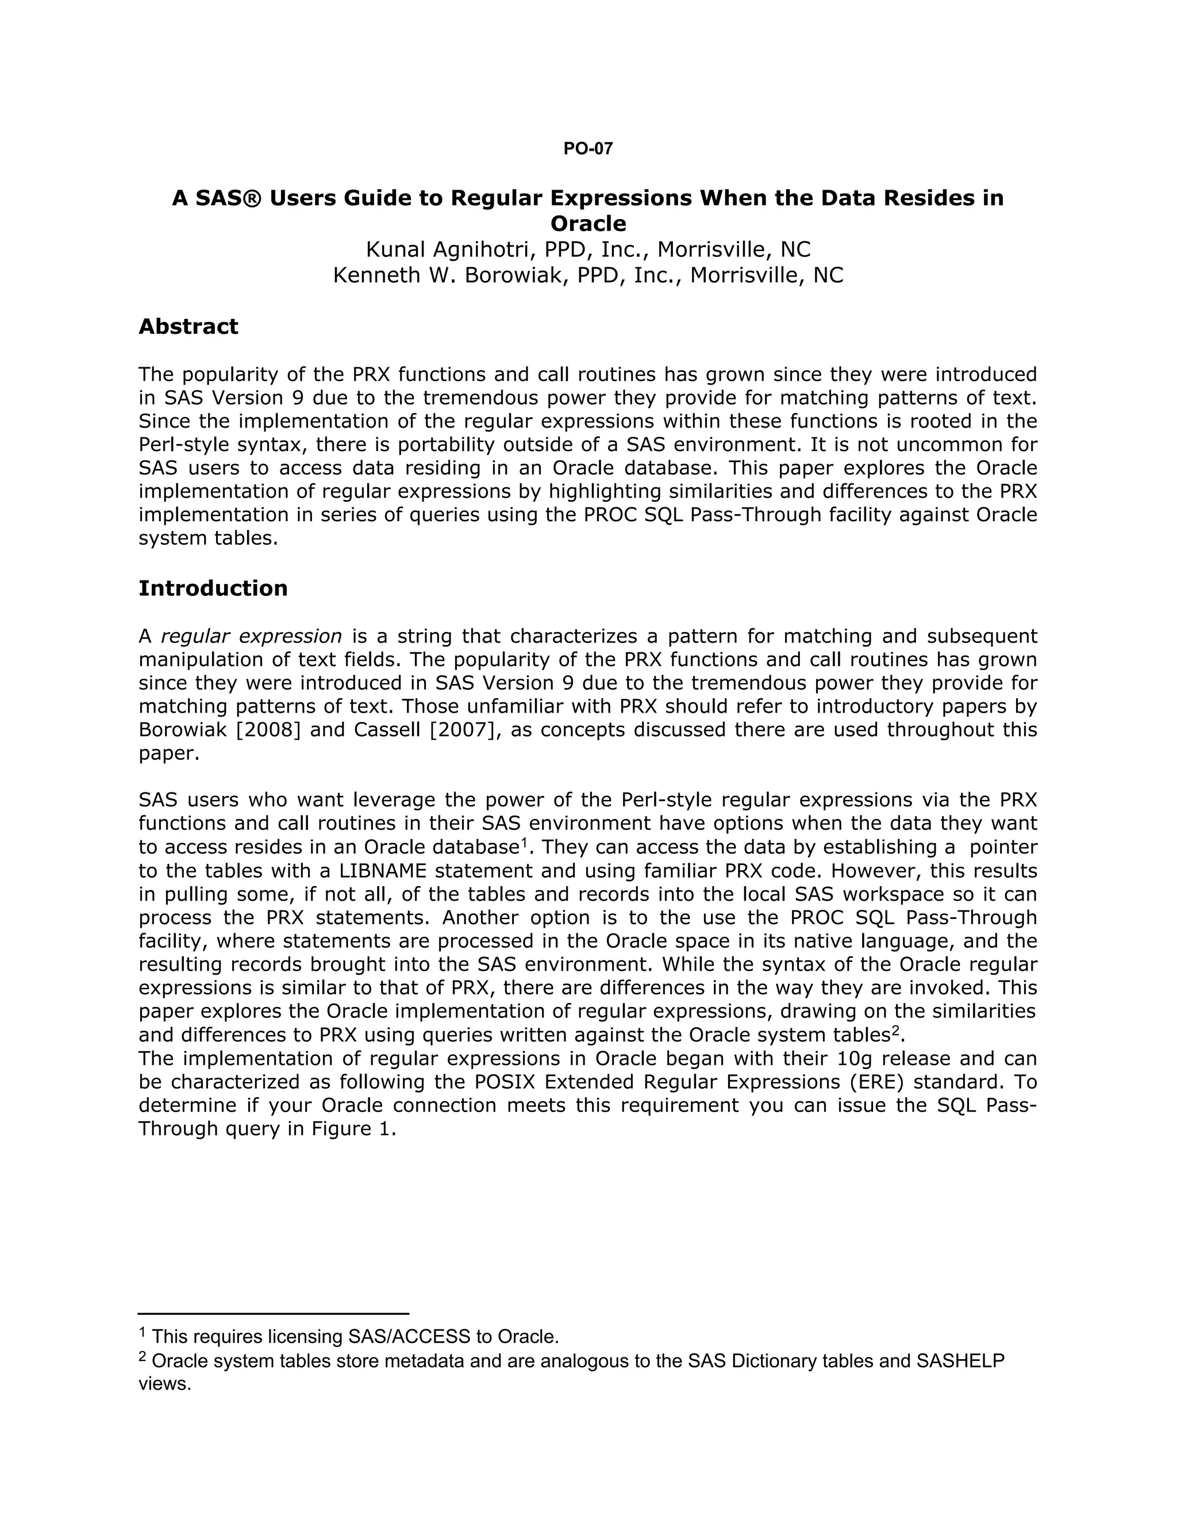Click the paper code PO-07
coord(588,148)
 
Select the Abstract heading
coord(189,326)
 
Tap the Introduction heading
coord(213,588)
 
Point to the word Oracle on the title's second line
coord(588,224)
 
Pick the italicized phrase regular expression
coord(251,636)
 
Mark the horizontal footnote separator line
coord(274,1313)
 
